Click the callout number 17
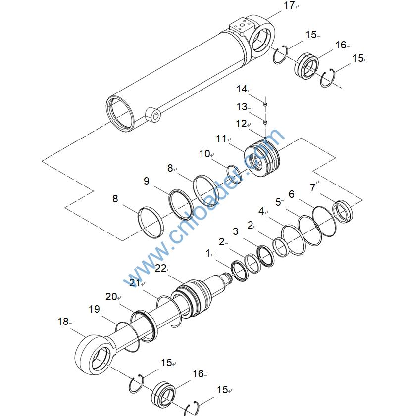(289, 5)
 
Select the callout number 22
(160, 268)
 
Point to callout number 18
(62, 321)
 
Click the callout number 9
(146, 181)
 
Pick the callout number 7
(312, 188)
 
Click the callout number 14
(241, 89)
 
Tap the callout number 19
(94, 309)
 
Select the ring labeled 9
(178, 202)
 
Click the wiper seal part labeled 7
(342, 210)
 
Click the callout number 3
(236, 231)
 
